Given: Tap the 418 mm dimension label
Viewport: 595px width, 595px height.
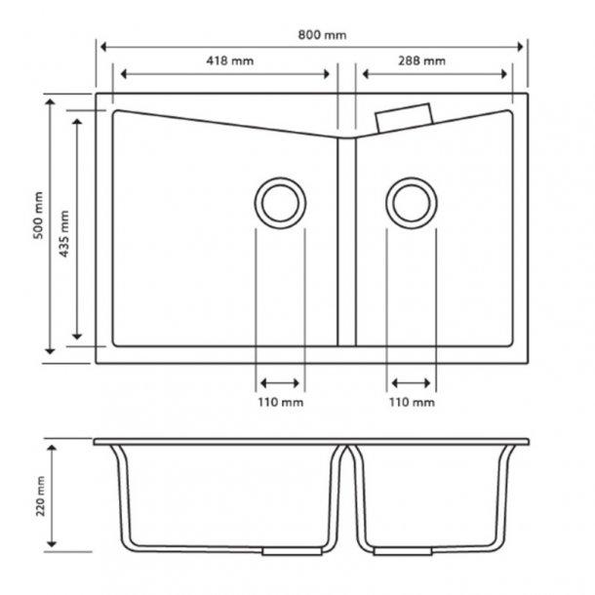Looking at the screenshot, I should pos(230,60).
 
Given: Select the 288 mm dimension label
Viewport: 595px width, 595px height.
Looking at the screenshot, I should pos(422,60).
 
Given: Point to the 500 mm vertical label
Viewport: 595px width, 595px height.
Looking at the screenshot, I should pos(38,216).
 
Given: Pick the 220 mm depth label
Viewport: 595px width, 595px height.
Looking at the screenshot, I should pos(38,498).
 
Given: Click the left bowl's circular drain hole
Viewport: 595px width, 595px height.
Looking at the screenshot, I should pos(280,203).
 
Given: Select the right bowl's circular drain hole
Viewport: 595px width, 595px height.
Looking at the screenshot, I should pos(411,203).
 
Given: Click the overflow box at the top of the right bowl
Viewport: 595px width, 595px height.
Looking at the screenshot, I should pos(403,116).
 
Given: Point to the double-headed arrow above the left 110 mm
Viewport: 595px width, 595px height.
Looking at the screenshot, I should pos(280,382).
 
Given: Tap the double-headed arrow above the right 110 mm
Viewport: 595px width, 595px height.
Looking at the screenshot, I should pos(412,382).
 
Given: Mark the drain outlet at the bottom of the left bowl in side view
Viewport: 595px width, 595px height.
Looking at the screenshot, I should pos(280,551).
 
